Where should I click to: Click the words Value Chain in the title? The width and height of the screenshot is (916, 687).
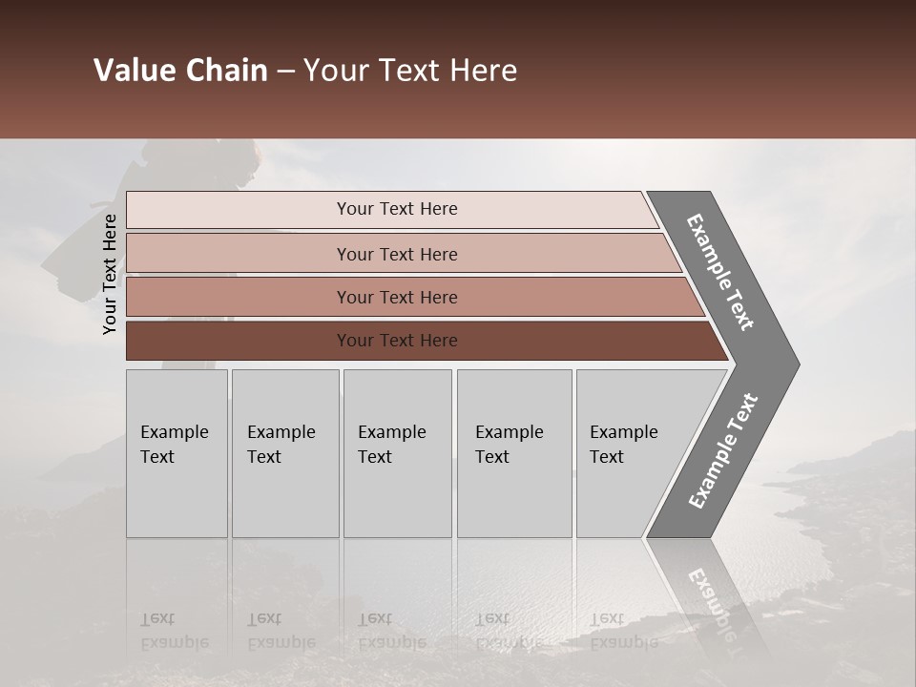[180, 71]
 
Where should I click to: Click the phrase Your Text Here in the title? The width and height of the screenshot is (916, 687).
[410, 71]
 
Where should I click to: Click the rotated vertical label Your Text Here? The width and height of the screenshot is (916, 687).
[110, 274]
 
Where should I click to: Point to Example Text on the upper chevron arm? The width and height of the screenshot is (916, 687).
[720, 272]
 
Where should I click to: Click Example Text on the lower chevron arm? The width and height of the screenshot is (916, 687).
[722, 451]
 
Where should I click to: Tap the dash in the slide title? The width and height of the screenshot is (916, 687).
[285, 71]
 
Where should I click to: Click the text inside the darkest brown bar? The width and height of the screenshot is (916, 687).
[397, 341]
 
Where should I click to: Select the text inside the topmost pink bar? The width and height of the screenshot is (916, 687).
[397, 209]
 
